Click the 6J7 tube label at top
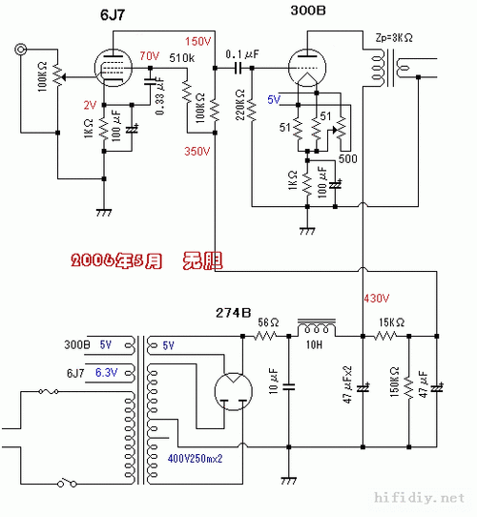click(x=114, y=16)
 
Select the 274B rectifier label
click(x=232, y=312)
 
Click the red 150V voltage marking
click(x=198, y=42)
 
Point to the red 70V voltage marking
click(x=150, y=56)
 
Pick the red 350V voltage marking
click(x=197, y=151)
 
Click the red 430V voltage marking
click(x=377, y=299)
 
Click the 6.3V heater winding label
click(x=106, y=372)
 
